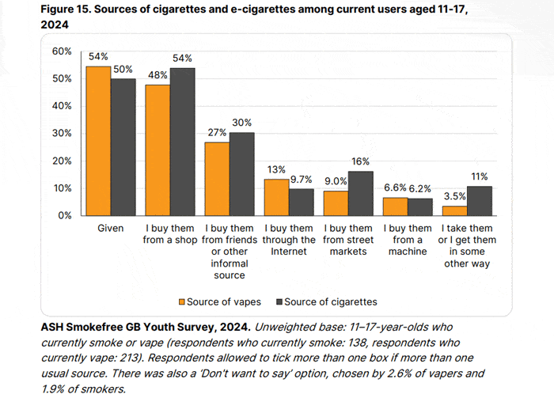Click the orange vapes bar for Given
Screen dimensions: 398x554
(98, 141)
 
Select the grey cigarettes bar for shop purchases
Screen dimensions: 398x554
(182, 142)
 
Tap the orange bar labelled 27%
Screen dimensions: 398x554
(217, 178)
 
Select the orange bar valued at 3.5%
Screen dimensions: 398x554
(454, 210)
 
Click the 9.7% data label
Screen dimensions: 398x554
(301, 180)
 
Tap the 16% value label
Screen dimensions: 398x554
(360, 162)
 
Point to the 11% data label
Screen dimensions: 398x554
(479, 176)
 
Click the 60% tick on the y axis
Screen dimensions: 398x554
(62, 51)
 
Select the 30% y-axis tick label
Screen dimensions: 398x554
(62, 133)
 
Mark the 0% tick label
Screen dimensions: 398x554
(65, 215)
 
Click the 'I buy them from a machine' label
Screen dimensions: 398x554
(408, 240)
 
